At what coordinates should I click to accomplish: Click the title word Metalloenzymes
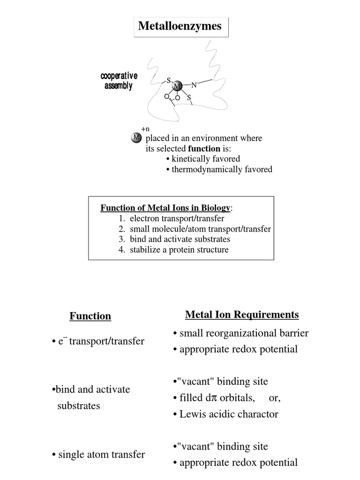click(180, 26)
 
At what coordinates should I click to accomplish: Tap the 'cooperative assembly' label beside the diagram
click(119, 81)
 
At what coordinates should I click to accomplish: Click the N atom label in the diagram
click(194, 85)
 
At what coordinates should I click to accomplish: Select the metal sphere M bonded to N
click(178, 86)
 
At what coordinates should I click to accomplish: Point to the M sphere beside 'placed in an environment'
click(136, 138)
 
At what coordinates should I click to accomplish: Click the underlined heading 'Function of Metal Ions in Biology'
click(165, 208)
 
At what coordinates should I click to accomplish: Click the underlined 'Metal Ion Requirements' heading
click(242, 314)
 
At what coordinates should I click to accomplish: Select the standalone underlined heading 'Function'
click(90, 316)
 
